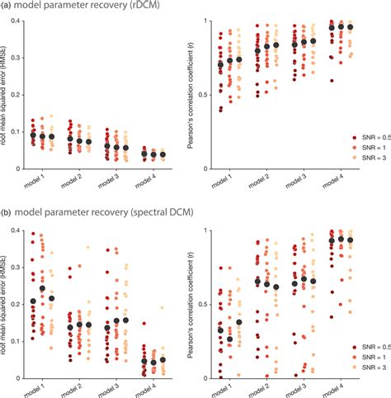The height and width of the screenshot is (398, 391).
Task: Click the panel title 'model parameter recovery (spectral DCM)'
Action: click(x=103, y=211)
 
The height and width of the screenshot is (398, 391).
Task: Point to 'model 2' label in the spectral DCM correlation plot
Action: click(x=267, y=388)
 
